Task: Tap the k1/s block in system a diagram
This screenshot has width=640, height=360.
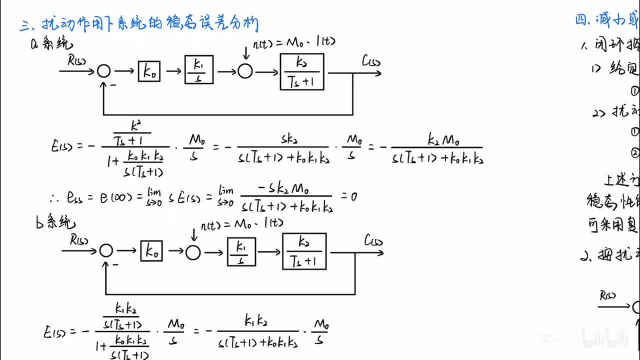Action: click(198, 70)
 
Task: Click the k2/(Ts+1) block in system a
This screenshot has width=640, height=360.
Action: click(301, 72)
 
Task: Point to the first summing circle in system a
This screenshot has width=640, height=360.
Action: click(103, 71)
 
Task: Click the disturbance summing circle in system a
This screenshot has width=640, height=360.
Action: click(244, 71)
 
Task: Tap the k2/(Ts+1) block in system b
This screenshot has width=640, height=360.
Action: click(304, 251)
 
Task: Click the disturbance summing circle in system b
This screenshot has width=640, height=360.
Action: click(193, 252)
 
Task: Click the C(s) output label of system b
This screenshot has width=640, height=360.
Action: click(373, 241)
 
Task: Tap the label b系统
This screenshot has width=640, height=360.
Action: click(55, 223)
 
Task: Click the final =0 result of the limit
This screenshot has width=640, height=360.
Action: click(349, 196)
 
